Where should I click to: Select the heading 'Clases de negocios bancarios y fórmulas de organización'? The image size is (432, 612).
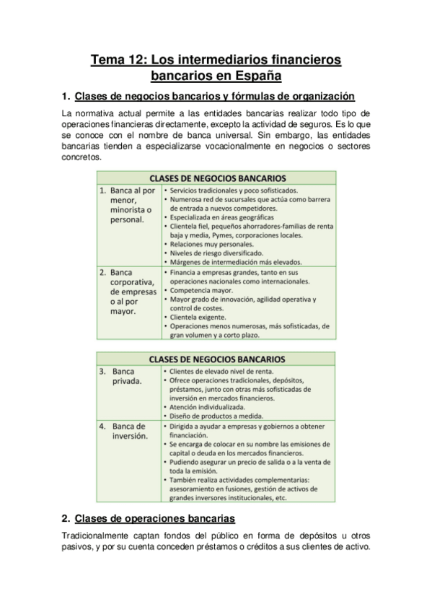214,96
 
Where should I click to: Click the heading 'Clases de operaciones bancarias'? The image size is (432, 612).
154,518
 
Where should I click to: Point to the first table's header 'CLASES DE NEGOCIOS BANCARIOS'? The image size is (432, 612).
217,177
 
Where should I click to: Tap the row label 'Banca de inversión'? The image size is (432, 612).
130,431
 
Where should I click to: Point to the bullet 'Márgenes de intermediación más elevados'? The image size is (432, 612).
235,262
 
